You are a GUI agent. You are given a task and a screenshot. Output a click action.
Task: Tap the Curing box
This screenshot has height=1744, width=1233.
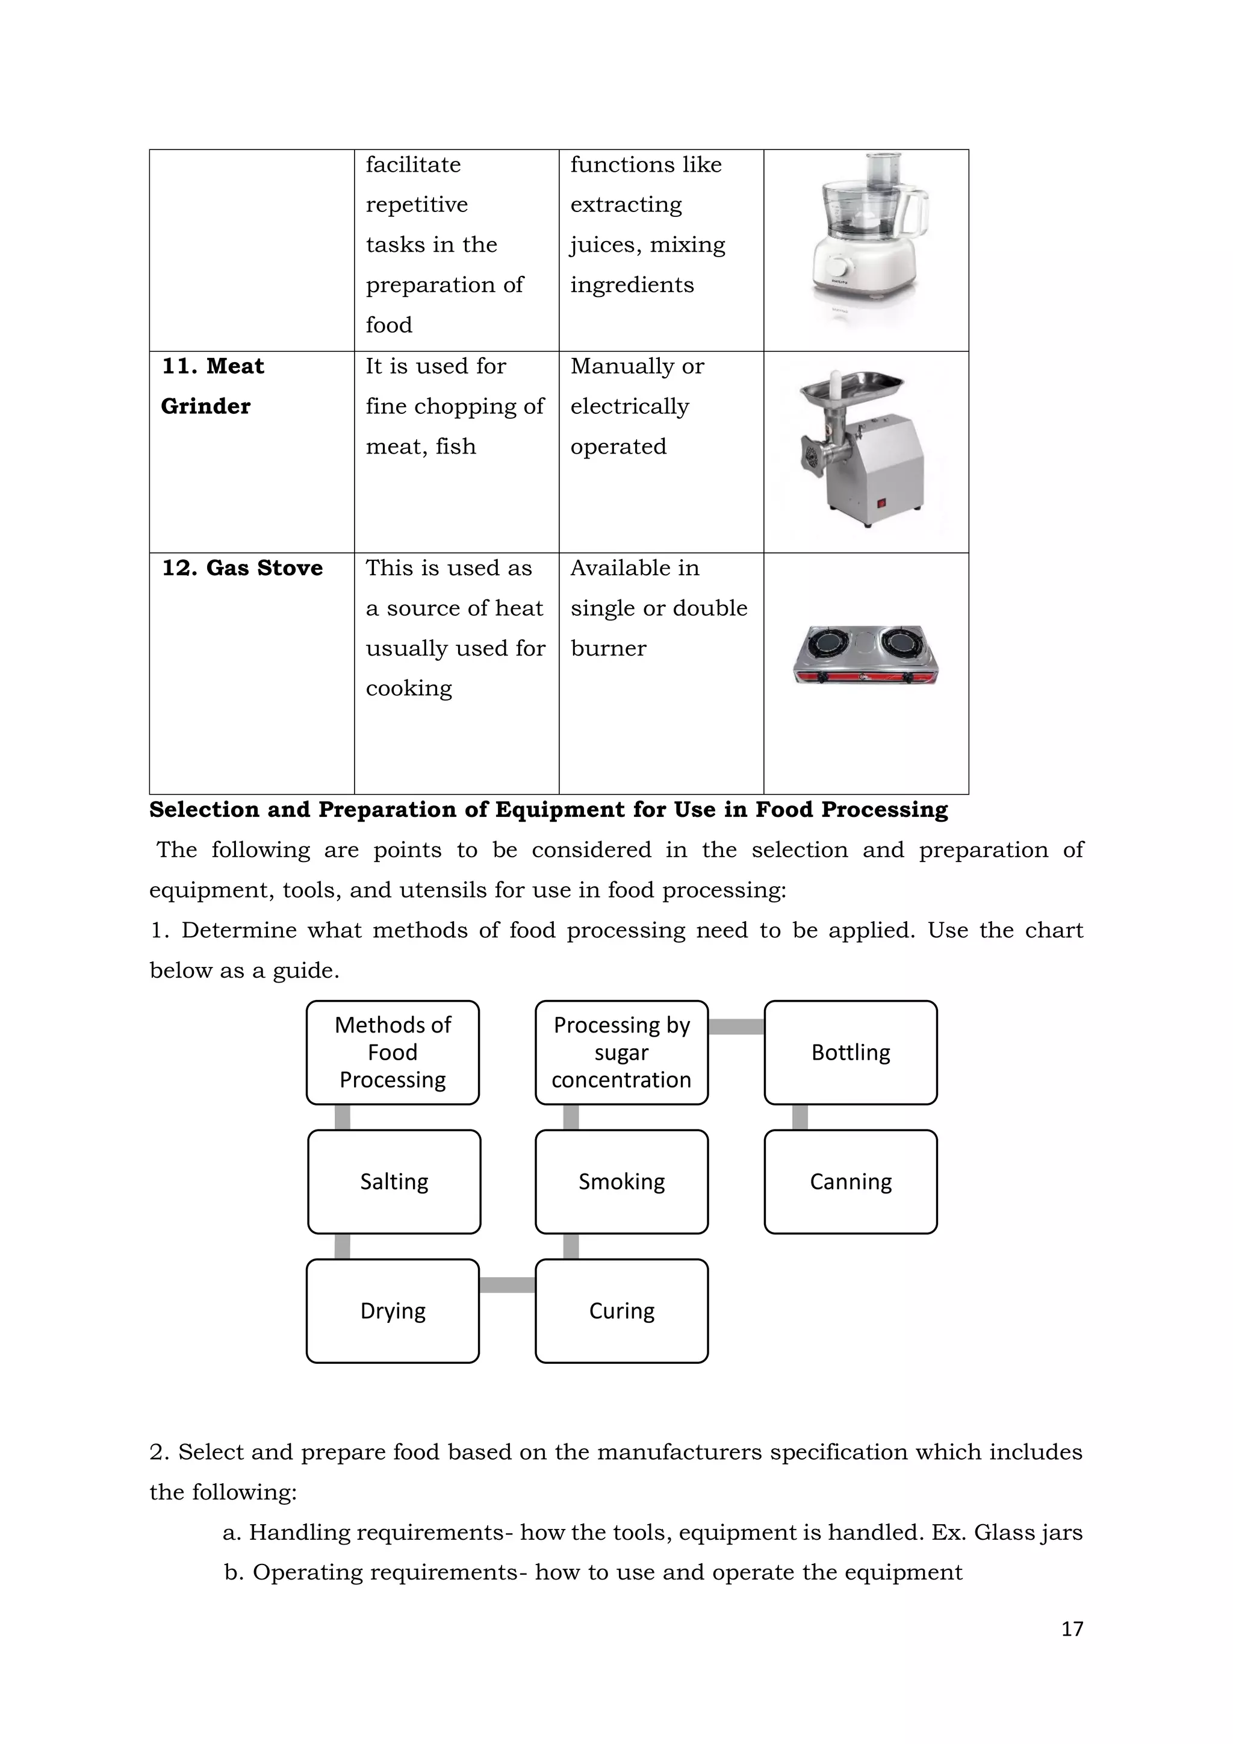[x=621, y=1310]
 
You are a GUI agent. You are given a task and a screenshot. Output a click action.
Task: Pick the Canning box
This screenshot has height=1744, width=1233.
[x=850, y=1181]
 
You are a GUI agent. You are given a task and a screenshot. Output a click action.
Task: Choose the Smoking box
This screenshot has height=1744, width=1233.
[x=621, y=1181]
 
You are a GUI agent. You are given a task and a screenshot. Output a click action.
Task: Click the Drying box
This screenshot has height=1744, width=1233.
[x=393, y=1310]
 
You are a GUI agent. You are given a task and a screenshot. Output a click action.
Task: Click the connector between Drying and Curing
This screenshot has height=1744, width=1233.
[x=507, y=1284]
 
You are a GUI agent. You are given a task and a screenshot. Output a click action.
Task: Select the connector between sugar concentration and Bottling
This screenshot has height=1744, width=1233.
[x=736, y=1026]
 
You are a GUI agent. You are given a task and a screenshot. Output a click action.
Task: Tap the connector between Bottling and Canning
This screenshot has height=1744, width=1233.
[x=800, y=1117]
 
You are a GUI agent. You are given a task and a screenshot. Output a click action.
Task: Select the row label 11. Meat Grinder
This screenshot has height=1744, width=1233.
[x=213, y=386]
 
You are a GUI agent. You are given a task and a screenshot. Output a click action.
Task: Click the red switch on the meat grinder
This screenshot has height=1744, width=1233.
[x=881, y=502]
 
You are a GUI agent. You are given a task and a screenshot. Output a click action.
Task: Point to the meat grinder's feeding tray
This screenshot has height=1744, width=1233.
[x=852, y=390]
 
